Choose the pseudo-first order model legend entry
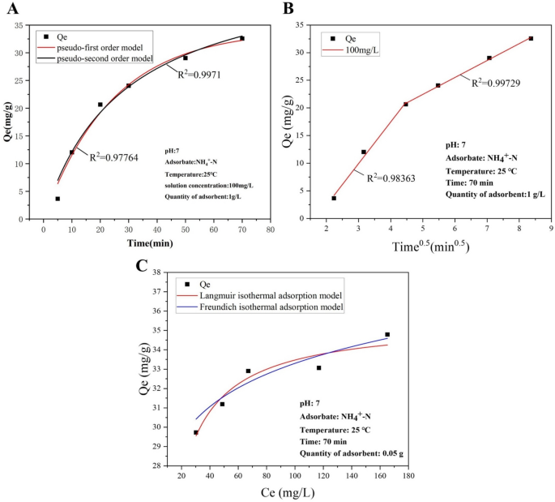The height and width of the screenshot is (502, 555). (105, 48)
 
